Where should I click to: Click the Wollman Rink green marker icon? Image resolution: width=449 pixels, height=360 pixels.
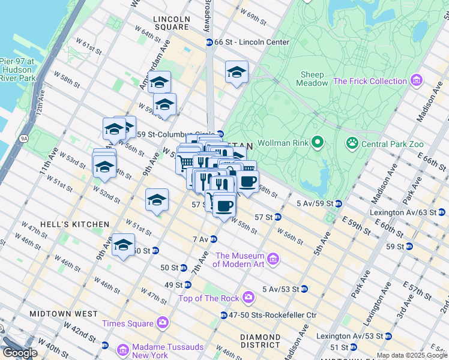(318, 143)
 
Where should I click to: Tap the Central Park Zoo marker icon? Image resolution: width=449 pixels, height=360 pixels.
(351, 143)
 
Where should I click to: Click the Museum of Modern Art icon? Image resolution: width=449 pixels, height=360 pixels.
(273, 259)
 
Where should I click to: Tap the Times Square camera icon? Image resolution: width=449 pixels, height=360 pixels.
(162, 323)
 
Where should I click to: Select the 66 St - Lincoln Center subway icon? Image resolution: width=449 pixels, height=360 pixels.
(209, 42)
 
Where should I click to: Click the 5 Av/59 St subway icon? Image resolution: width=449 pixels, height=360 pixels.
(339, 204)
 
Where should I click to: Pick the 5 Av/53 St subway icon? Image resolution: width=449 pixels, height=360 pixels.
(304, 289)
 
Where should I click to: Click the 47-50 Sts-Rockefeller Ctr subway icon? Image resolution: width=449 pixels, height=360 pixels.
(224, 315)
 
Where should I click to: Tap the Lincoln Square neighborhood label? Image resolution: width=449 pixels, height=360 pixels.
(172, 23)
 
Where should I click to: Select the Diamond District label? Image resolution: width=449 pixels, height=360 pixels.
(261, 341)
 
